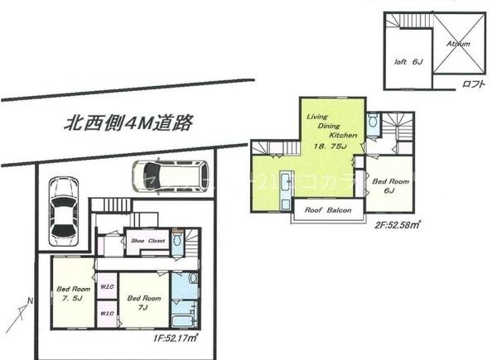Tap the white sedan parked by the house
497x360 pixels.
63,209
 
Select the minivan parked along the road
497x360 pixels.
166,173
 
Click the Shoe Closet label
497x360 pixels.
148,240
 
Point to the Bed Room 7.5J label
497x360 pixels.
73,294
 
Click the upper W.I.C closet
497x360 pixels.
106,287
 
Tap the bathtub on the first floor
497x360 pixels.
182,317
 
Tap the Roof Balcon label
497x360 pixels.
330,211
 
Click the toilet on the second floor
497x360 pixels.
373,124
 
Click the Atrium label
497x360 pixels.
457,43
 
